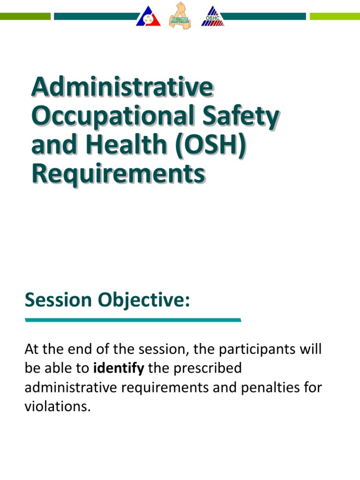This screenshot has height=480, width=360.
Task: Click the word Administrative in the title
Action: pos(122,88)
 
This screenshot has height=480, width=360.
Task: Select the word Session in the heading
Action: pos(58,300)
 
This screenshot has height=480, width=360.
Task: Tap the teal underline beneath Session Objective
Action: pos(133,320)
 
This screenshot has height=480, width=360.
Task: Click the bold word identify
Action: pos(119,368)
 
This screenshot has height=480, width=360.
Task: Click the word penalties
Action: pos(266,388)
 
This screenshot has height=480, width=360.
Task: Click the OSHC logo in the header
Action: pos(213,16)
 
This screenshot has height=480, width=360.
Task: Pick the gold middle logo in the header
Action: pos(180,15)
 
